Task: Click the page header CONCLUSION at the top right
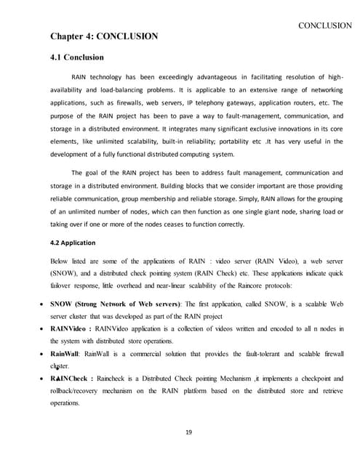coord(325,25)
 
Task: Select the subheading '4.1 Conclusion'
coord(77,57)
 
